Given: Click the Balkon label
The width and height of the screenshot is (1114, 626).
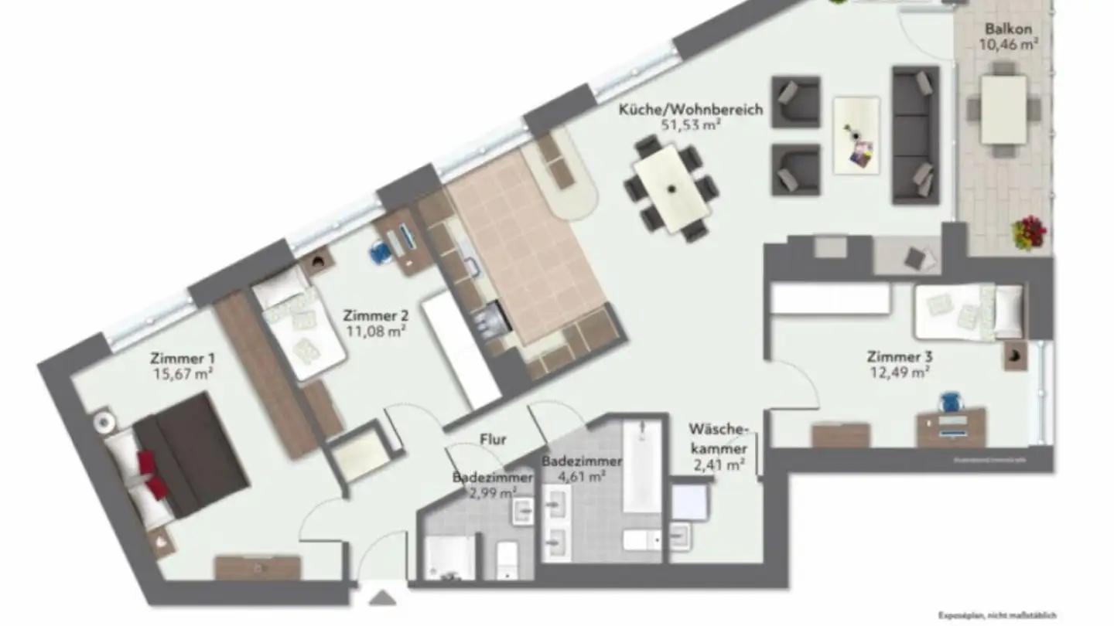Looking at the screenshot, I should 1007,29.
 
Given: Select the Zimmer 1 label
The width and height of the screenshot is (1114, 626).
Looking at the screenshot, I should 183,359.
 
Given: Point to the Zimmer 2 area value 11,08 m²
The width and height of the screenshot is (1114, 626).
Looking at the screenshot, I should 375,331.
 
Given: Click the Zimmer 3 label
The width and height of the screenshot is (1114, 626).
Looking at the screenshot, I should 899,357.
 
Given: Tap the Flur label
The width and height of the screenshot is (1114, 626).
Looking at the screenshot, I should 493,440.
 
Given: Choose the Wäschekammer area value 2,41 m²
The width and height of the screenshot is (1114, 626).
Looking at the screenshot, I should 719,464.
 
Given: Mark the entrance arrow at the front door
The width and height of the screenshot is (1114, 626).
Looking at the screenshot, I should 381,598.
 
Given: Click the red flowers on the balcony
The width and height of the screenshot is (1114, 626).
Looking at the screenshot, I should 1030,231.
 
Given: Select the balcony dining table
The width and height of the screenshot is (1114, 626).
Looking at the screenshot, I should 1003,109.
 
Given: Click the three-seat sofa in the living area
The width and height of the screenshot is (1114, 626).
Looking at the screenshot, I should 915,135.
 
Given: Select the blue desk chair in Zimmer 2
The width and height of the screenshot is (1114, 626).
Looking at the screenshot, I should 379,252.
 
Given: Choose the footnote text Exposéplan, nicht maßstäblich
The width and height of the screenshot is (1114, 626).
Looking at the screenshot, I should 996,616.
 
